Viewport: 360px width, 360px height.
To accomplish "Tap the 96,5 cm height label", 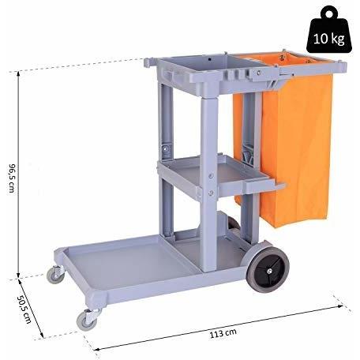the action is (12, 178).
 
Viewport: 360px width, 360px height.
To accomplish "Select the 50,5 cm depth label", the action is (24, 309).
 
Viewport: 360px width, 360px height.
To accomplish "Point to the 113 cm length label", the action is (223, 333).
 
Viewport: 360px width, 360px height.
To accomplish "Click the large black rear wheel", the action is (268, 270).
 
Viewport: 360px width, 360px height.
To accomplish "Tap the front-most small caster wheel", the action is (87, 320).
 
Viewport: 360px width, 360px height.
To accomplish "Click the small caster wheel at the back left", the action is (55, 275).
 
